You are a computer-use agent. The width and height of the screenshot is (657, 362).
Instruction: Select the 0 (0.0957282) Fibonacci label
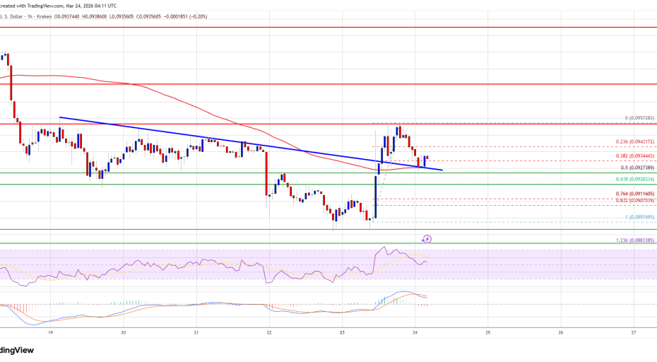pos(641,118)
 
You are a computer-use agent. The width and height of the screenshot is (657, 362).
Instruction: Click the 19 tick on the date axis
pos(50,332)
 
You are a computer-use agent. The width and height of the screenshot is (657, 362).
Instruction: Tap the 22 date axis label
pos(269,332)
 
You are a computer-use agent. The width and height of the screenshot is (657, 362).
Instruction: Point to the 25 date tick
pos(488,332)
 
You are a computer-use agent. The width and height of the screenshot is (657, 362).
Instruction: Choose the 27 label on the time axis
pos(634,332)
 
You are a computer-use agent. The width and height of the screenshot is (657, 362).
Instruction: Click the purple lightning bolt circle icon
pos(426,240)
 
